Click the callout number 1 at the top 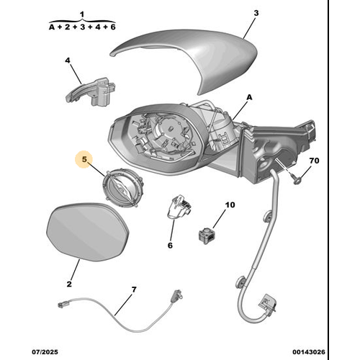click(81, 14)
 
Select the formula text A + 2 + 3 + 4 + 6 click(81, 27)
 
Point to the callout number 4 click(68, 61)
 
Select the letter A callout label click(250, 96)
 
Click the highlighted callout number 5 click(84, 159)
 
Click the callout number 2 click(69, 285)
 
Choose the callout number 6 click(171, 245)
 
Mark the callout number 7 click(133, 289)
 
